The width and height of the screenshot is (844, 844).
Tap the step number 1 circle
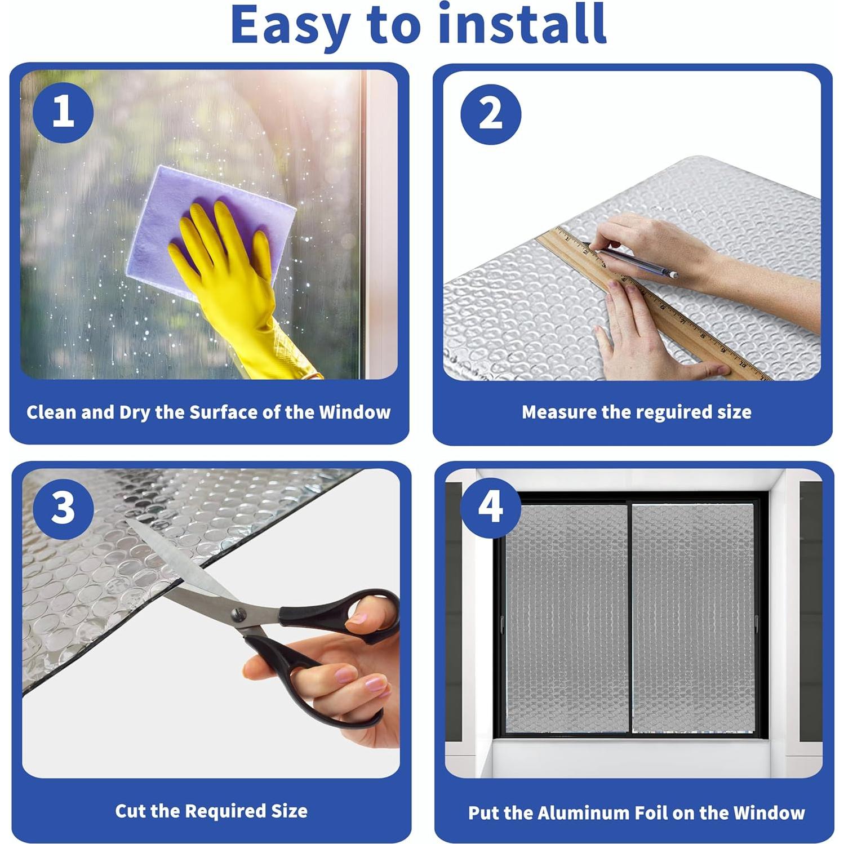63,112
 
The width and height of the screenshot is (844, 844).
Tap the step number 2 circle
491,114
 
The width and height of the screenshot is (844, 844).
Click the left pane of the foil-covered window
566,618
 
